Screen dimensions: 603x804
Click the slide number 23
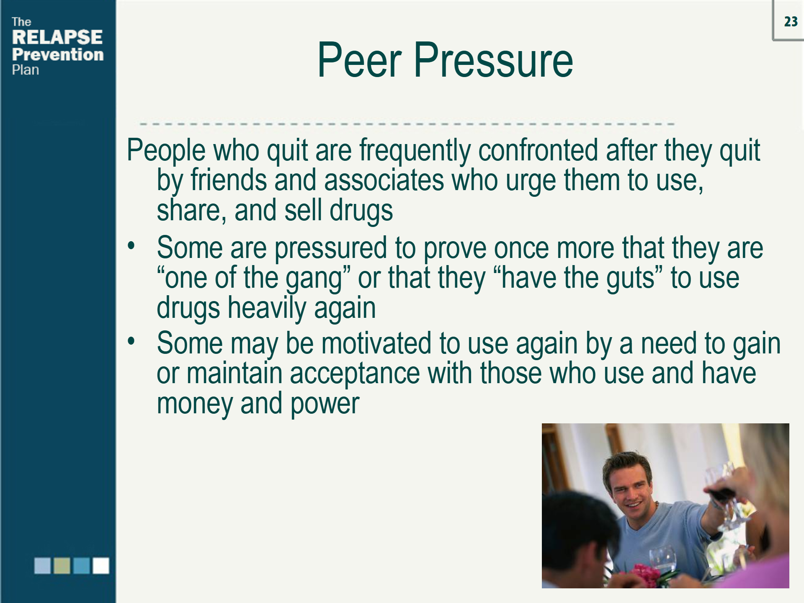click(791, 21)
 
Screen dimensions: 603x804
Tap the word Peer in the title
click(359, 60)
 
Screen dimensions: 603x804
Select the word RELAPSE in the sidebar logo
click(57, 37)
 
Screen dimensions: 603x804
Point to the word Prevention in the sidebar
click(58, 54)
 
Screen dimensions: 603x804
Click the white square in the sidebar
click(101, 565)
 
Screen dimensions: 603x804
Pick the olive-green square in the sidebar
click(62, 565)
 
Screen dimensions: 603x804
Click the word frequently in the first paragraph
click(415, 151)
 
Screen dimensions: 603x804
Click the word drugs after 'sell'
click(361, 211)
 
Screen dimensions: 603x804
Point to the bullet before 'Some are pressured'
click(131, 245)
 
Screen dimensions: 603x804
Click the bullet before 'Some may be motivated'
click(131, 341)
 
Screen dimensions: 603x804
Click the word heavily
click(267, 309)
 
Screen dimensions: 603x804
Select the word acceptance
click(354, 374)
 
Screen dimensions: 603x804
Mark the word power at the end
click(325, 405)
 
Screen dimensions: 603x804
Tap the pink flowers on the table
click(645, 575)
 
